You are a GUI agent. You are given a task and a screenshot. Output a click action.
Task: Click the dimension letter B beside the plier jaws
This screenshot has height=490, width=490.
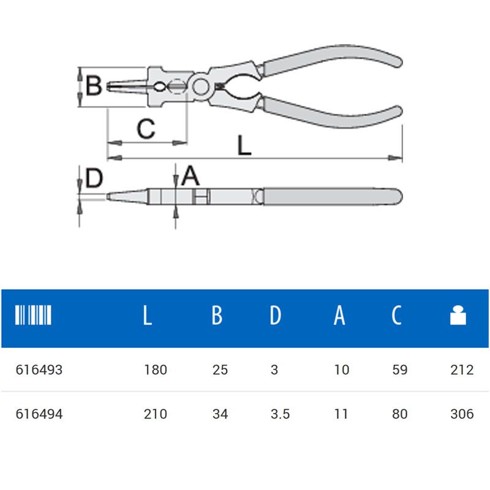point(94,85)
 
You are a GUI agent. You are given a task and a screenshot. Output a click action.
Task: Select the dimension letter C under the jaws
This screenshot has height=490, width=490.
point(146,129)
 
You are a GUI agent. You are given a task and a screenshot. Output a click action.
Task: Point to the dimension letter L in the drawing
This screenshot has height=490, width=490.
point(244,145)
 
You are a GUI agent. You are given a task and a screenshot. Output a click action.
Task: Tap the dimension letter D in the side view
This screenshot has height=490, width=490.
point(94,178)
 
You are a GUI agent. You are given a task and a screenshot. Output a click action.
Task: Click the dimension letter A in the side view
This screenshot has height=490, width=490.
point(190,176)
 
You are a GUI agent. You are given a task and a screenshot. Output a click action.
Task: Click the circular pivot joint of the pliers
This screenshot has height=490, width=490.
point(200,86)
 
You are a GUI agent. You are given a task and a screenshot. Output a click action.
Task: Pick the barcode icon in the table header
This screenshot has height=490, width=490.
point(33,315)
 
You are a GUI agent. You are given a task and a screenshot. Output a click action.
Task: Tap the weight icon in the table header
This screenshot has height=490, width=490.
point(458,315)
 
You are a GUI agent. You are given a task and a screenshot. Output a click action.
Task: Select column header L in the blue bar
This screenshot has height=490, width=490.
point(148,315)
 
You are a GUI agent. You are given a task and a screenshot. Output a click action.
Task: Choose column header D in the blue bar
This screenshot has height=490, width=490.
point(275,315)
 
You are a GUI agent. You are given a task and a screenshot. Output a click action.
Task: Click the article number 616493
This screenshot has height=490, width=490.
point(39,370)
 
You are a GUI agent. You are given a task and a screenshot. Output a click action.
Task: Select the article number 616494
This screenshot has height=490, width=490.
point(39,414)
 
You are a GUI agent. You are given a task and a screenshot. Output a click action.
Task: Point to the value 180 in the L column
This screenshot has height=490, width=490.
point(156,370)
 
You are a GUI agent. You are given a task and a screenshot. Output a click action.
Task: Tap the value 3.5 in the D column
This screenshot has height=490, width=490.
point(281,414)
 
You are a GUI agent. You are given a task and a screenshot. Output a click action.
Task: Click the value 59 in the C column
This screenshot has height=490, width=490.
point(400,370)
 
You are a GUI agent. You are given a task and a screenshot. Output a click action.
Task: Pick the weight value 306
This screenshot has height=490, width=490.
point(462,414)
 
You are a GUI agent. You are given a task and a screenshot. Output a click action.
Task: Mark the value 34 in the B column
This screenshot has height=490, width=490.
point(221,414)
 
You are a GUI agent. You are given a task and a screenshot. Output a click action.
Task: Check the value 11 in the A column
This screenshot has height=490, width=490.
point(341,414)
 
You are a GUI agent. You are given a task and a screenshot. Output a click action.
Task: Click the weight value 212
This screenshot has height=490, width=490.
point(462,370)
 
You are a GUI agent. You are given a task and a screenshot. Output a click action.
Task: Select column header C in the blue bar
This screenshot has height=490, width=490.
point(396,315)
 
